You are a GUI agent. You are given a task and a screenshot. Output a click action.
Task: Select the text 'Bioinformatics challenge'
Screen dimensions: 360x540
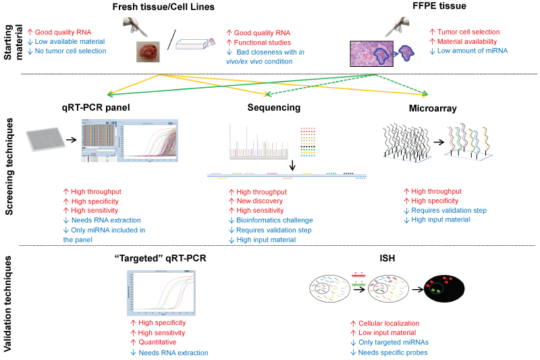coord(274,220)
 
